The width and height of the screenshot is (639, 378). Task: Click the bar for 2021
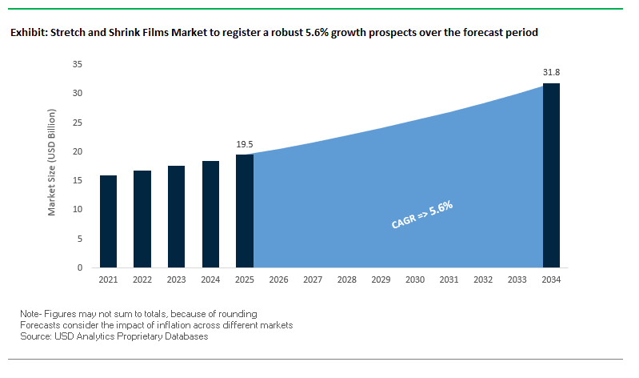coord(108,221)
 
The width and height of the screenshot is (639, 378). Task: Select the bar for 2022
coord(142,219)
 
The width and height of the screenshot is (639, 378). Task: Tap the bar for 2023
coord(176,216)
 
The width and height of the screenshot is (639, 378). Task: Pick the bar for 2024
coord(210,214)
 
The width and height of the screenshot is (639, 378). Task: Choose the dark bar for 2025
coord(244,211)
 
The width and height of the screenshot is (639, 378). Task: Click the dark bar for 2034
coord(551,175)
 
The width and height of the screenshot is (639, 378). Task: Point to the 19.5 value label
coord(244,144)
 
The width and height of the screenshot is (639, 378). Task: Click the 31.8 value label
coord(551,73)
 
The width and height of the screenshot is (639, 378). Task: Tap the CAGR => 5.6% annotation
coord(422,215)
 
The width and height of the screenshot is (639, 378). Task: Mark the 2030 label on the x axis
coord(414,279)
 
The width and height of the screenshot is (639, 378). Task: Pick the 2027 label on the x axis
coord(312,279)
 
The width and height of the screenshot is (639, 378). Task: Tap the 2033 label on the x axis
coord(517,279)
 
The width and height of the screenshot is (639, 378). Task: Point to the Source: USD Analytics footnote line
coord(114,336)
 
